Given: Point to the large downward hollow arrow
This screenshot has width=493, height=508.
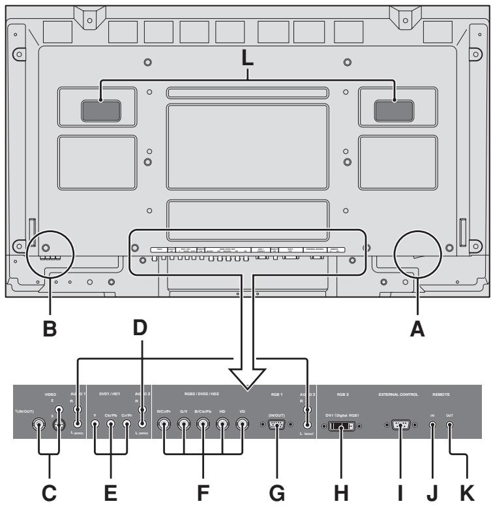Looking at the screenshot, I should [x=248, y=375].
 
